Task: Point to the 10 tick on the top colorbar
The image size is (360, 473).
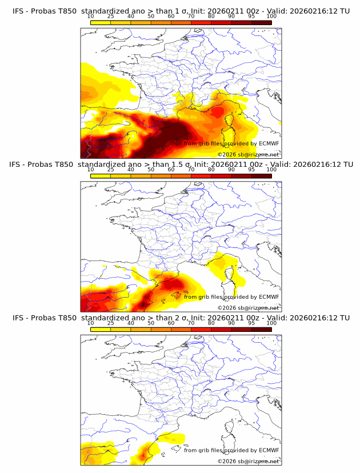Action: pos(91,17)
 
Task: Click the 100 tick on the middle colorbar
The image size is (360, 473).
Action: pos(271,170)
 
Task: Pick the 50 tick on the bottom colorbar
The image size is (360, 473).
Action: pos(151,323)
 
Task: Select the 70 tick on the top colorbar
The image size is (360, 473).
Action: pos(191,17)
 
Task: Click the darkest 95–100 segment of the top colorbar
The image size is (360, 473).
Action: pos(261,22)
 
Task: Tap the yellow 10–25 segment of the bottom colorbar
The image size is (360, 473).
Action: pos(101,328)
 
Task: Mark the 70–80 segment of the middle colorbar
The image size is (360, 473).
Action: pos(201,175)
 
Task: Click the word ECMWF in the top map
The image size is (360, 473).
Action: pos(269,144)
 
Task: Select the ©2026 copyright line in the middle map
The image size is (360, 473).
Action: pos(248,307)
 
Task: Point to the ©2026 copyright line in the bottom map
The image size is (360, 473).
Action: pos(248,460)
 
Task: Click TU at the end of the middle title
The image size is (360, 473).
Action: pos(345,164)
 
